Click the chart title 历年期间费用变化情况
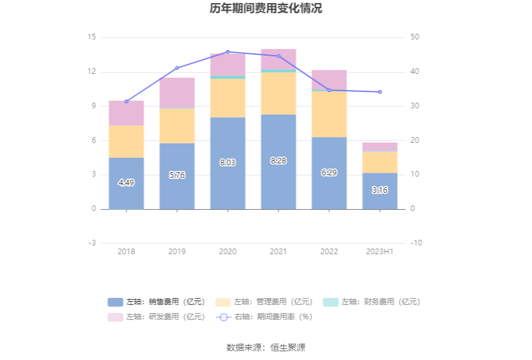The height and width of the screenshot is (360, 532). pos(266,9)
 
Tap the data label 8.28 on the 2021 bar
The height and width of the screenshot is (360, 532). pos(279,161)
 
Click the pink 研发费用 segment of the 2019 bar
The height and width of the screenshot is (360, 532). pos(177,93)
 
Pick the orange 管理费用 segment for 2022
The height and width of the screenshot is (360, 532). pos(329,114)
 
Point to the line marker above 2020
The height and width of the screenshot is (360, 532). pos(228,52)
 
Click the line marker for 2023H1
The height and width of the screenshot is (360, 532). pos(380,92)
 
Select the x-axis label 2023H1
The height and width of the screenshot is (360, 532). pos(380,252)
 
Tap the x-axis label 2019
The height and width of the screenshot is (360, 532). pos(177,252)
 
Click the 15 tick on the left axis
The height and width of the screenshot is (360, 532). pos(92,38)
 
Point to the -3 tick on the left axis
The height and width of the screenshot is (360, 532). pos(91,243)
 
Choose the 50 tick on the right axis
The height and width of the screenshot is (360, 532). pos(415,38)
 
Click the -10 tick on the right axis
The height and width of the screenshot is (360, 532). pos(416,243)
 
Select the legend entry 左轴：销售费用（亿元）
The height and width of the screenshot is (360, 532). pos(156,302)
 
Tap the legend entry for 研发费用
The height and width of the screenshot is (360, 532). pos(156,317)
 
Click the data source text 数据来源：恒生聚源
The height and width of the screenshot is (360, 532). pos(266,347)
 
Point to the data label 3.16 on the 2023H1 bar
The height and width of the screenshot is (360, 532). pos(380,190)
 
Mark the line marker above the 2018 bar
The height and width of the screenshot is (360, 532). pos(126,101)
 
